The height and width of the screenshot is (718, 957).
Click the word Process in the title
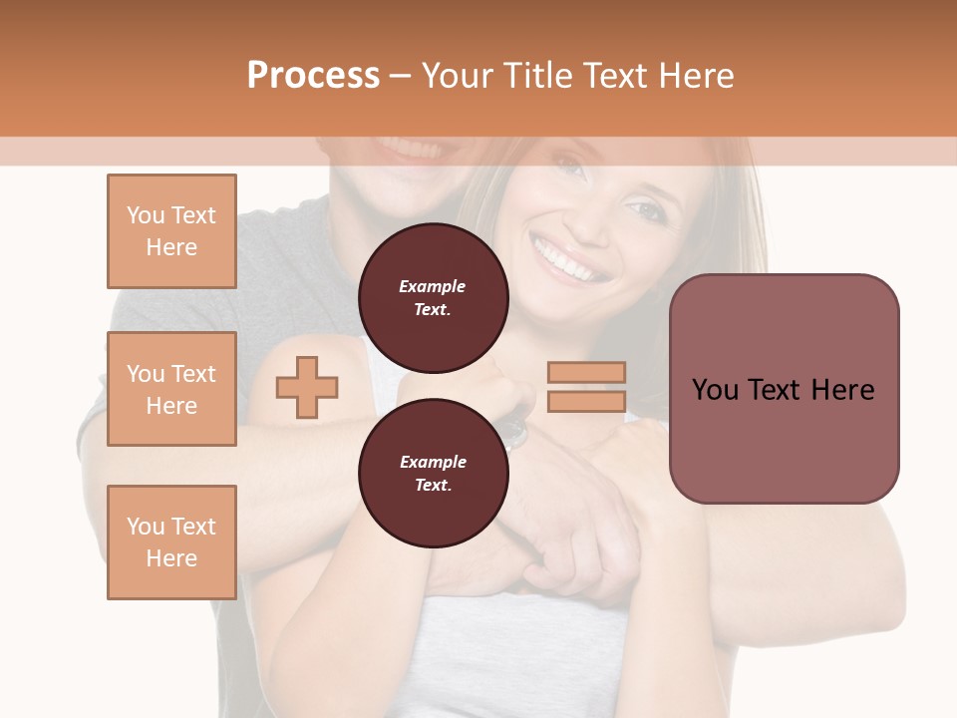point(313,76)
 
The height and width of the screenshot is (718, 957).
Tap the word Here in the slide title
point(695,76)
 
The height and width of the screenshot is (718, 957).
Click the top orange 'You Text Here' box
point(171,231)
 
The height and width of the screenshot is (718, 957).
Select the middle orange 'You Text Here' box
point(171,389)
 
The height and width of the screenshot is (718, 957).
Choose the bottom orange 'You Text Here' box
point(171,542)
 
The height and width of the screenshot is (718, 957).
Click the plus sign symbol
point(307,387)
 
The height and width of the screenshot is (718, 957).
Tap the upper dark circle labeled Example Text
point(433,298)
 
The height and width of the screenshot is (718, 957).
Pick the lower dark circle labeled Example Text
point(433,474)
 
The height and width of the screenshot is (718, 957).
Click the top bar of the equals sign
point(586,372)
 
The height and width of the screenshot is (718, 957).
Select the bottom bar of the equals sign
point(586,401)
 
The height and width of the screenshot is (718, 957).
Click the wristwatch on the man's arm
point(514,431)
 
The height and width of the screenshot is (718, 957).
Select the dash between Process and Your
point(400,76)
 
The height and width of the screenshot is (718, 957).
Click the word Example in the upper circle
point(433,286)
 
